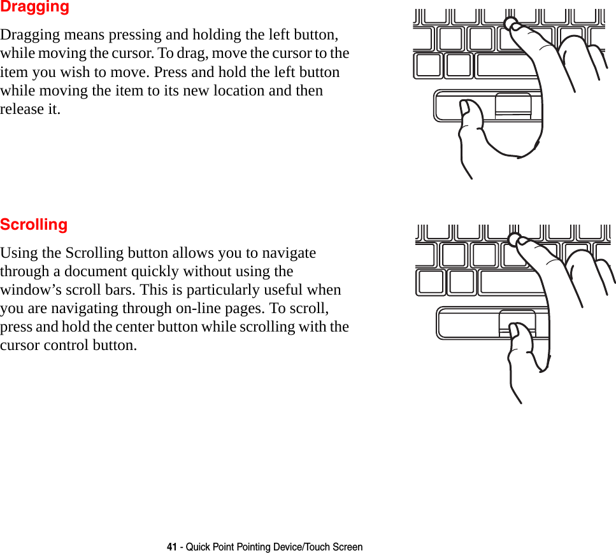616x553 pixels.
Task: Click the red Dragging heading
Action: click(34, 8)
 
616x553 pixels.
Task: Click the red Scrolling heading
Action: click(34, 225)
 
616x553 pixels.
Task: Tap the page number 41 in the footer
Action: click(171, 547)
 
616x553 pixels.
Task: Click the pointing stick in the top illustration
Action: click(511, 24)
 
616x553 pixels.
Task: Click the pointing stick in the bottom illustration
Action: click(514, 239)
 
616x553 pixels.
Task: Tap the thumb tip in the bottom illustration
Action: click(516, 330)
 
